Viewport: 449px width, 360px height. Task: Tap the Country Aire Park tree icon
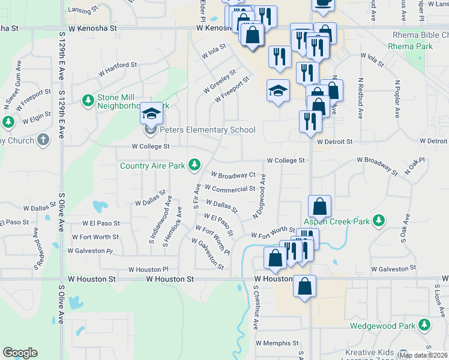coord(194,164)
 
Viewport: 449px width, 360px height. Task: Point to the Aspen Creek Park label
coord(337,221)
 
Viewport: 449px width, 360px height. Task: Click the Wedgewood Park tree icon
coord(425,325)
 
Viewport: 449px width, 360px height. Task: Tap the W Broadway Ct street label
coord(233,175)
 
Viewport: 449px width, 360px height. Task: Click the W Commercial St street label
coord(231,189)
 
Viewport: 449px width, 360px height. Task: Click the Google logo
coord(20,353)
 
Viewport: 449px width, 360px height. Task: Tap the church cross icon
coord(43,140)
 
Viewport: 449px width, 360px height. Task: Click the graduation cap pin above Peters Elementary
coord(151,113)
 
